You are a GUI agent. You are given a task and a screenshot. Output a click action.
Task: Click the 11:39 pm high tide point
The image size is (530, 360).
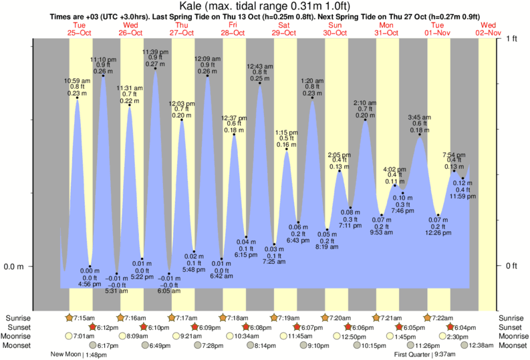tap(155, 68)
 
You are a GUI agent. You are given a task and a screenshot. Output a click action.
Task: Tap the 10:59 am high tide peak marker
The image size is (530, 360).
tap(78, 98)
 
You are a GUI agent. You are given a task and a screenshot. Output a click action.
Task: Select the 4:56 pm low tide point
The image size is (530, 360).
tap(90, 266)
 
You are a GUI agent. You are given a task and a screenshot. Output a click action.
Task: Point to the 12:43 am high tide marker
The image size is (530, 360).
tap(259, 83)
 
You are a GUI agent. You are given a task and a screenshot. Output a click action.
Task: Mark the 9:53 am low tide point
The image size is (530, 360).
tap(382, 215)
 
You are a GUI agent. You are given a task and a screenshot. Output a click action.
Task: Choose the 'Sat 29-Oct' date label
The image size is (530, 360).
tap(284, 29)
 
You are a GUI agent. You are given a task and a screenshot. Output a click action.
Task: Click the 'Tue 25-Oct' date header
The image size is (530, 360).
tap(79, 29)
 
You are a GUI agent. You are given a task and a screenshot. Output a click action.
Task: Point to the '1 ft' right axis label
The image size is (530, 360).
tap(512, 39)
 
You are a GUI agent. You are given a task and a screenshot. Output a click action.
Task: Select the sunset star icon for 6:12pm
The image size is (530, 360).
tap(92, 327)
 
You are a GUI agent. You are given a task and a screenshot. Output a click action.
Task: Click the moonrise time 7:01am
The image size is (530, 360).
tap(83, 337)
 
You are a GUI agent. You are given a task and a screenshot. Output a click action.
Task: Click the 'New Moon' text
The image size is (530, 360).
tap(67, 355)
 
